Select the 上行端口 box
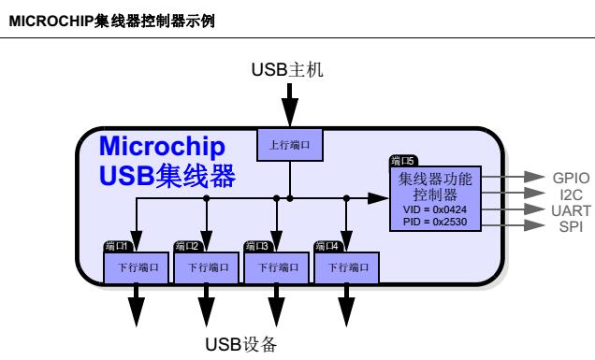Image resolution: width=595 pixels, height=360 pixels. tap(289, 145)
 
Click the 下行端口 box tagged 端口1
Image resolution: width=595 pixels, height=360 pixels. tap(137, 266)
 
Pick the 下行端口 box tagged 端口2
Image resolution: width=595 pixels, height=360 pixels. tap(207, 266)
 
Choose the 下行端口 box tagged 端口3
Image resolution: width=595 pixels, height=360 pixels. tap(277, 266)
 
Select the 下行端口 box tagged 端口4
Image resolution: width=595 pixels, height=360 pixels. tap(347, 266)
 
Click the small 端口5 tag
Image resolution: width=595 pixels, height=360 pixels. tap(403, 161)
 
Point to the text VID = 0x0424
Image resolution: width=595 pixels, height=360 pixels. tap(440, 209)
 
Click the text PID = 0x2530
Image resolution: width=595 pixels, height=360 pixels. tap(440, 223)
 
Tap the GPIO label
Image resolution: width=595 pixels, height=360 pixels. tap(570, 176)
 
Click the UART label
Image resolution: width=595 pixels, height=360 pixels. tap(569, 209)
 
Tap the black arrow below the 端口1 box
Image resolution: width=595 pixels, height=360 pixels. tap(137, 305)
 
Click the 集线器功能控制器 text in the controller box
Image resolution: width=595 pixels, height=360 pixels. tap(439, 186)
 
